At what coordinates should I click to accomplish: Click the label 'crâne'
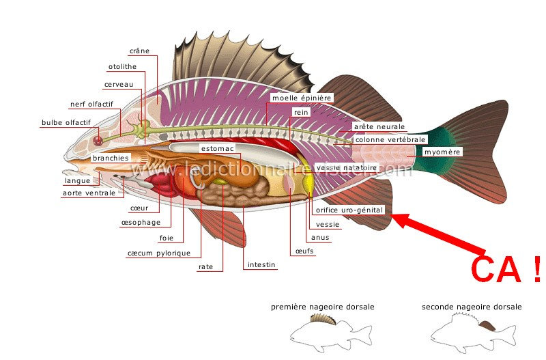pyautogui.click(x=139, y=51)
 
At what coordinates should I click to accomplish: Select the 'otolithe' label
pyautogui.click(x=122, y=67)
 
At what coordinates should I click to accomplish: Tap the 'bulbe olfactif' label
pyautogui.click(x=66, y=123)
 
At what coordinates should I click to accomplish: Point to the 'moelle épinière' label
pyautogui.click(x=302, y=98)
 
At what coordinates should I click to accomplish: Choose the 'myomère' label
pyautogui.click(x=442, y=152)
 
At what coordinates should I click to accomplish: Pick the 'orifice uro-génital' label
pyautogui.click(x=349, y=210)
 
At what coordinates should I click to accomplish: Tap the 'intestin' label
pyautogui.click(x=261, y=264)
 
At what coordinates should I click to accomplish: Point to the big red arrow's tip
pyautogui.click(x=394, y=218)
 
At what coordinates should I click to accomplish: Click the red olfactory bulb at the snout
pyautogui.click(x=98, y=140)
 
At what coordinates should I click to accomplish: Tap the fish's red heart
pyautogui.click(x=162, y=184)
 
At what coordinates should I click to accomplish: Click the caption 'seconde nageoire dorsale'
pyautogui.click(x=471, y=307)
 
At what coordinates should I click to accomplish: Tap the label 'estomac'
pyautogui.click(x=218, y=148)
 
